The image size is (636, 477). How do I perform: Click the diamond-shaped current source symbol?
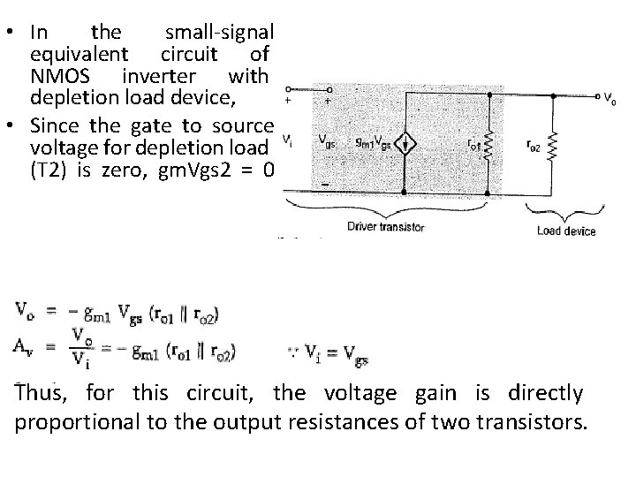point(405,144)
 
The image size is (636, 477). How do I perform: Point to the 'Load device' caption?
point(566,231)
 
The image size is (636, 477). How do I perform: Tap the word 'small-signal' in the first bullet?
point(221,33)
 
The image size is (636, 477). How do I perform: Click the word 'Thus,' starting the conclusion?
point(43,392)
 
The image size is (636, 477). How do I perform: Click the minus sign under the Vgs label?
point(325,184)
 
